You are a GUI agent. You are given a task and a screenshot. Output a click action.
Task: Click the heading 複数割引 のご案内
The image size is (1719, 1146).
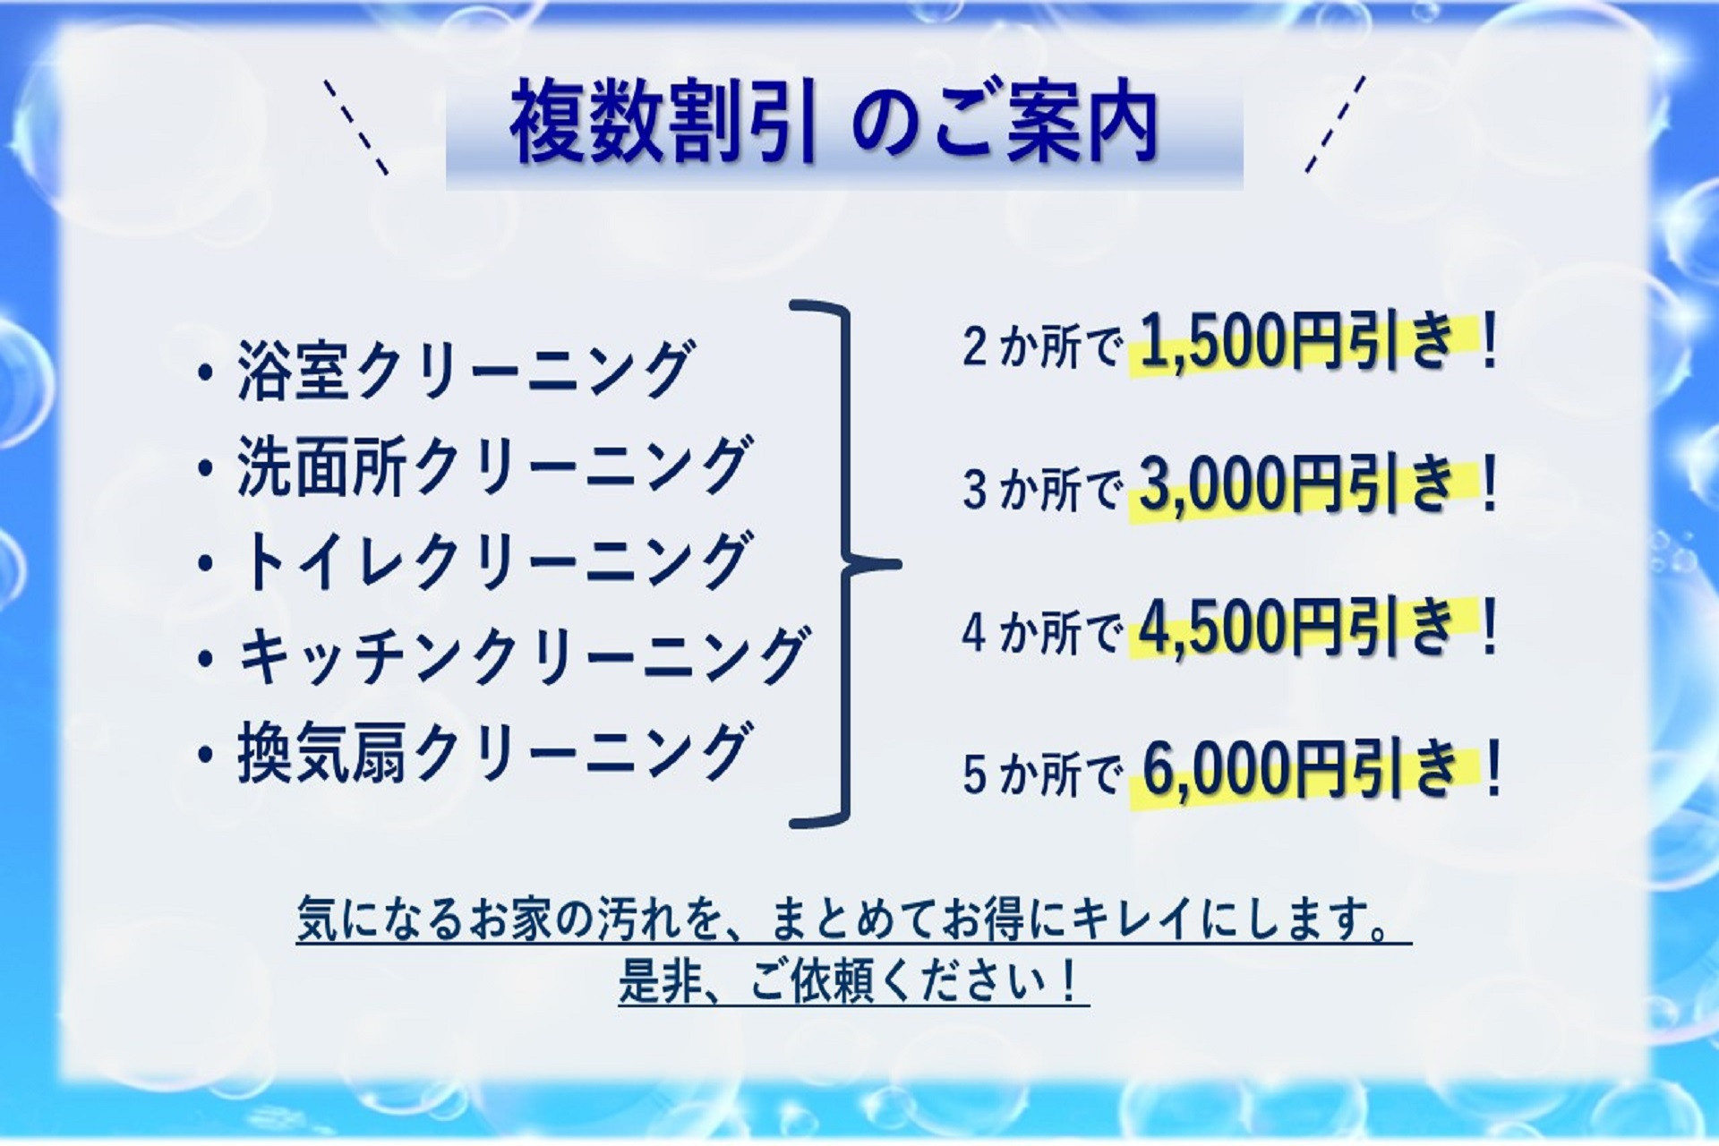[834, 124]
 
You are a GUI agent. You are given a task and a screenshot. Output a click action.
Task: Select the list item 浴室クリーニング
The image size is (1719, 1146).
[466, 369]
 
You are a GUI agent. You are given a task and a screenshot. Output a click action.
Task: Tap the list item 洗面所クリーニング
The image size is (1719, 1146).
[494, 466]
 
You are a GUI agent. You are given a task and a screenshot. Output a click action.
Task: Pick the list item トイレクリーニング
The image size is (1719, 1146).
[494, 561]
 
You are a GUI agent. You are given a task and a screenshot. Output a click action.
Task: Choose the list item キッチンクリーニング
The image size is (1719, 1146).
[524, 656]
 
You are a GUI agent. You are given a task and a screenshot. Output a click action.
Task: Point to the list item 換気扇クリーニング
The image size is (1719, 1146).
[494, 753]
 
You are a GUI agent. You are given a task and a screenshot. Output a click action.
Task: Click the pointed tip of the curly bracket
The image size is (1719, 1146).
[898, 564]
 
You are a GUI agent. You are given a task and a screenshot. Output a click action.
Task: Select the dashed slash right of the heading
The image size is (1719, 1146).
[1335, 124]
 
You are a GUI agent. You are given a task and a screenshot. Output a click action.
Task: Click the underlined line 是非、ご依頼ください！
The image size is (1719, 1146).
[853, 982]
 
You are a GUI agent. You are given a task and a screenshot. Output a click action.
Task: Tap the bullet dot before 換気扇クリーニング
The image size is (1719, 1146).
[207, 755]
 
